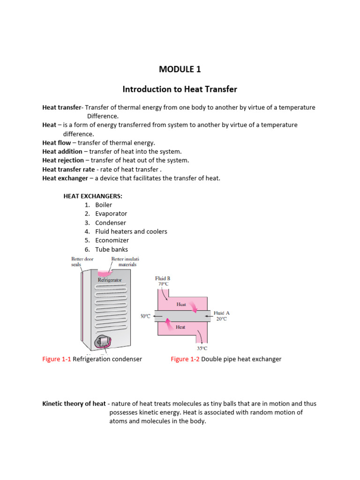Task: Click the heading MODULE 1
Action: (x=180, y=69)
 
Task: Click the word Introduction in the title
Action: (x=145, y=89)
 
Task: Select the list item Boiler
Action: (x=104, y=205)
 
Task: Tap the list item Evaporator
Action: (x=111, y=214)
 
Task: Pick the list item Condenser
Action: (x=111, y=223)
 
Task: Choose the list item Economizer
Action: (x=112, y=240)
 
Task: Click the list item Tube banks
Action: (x=112, y=249)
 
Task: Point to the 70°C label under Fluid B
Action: (x=163, y=284)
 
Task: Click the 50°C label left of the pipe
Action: (x=145, y=316)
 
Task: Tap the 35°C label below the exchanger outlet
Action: (x=202, y=348)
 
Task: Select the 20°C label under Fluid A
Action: (x=221, y=319)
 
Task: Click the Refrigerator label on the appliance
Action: (x=110, y=280)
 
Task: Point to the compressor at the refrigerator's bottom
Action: (x=105, y=341)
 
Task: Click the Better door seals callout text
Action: (x=82, y=261)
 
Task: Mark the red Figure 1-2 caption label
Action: (x=185, y=359)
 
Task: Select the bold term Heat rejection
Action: (x=62, y=160)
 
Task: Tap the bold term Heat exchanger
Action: (x=65, y=178)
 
